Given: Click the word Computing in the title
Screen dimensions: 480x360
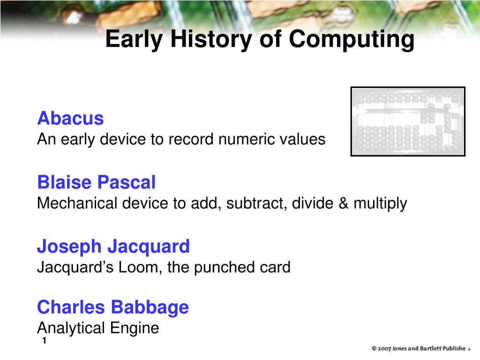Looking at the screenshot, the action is pos(352,40).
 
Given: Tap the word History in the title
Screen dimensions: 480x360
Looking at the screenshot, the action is pos(211,40).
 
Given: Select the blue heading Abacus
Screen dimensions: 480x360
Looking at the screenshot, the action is pos(70,118).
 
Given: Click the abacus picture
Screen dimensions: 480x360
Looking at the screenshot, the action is pos(408,121).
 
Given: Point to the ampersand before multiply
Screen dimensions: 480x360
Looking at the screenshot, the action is pos(344,203).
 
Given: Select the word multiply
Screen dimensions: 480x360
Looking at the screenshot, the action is pos(380,203).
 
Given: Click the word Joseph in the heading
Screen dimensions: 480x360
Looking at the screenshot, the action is pos(69,247).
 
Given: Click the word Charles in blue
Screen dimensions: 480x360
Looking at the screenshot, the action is pos(71,307).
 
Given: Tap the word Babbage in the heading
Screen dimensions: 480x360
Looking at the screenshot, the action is pos(150,308).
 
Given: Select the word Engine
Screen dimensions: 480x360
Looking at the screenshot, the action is pos(135,328).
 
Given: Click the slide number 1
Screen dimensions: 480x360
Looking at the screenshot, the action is pos(45,340).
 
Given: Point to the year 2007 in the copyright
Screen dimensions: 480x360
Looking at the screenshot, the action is pos(384,348).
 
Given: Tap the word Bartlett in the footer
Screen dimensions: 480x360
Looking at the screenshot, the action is pos(431,348).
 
